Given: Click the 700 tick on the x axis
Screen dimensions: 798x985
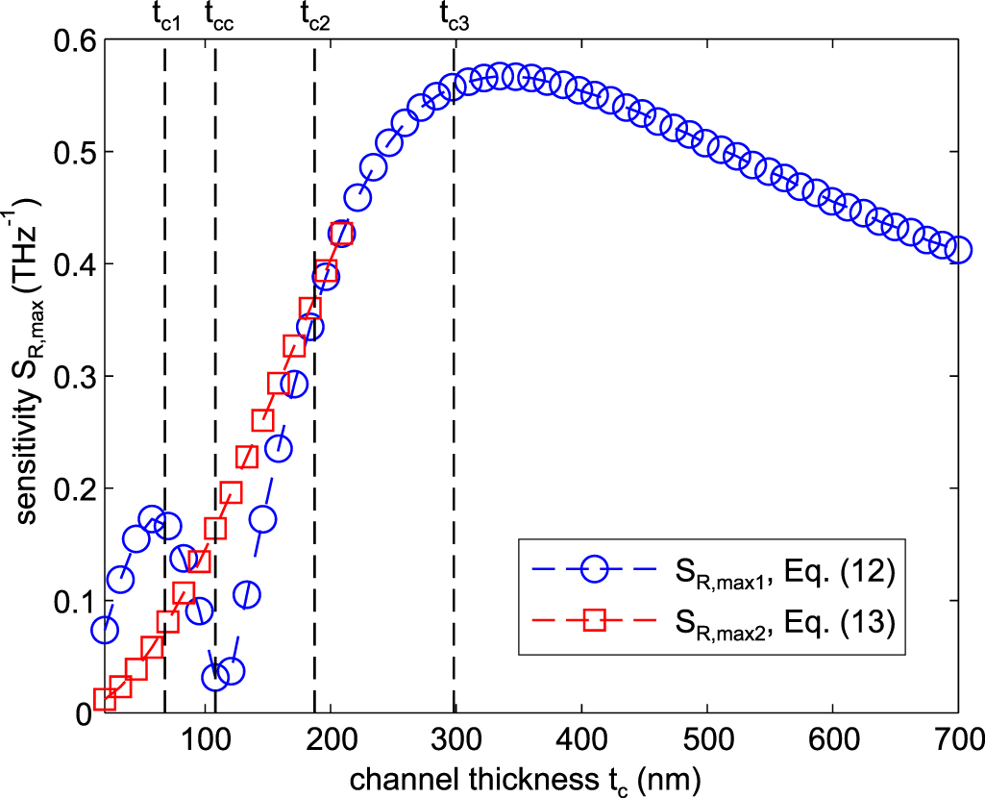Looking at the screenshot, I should pyautogui.click(x=957, y=740).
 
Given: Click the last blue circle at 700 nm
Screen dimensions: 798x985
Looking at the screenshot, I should pyautogui.click(x=957, y=250).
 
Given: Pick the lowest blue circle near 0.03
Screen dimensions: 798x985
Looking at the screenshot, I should pyautogui.click(x=215, y=677).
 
